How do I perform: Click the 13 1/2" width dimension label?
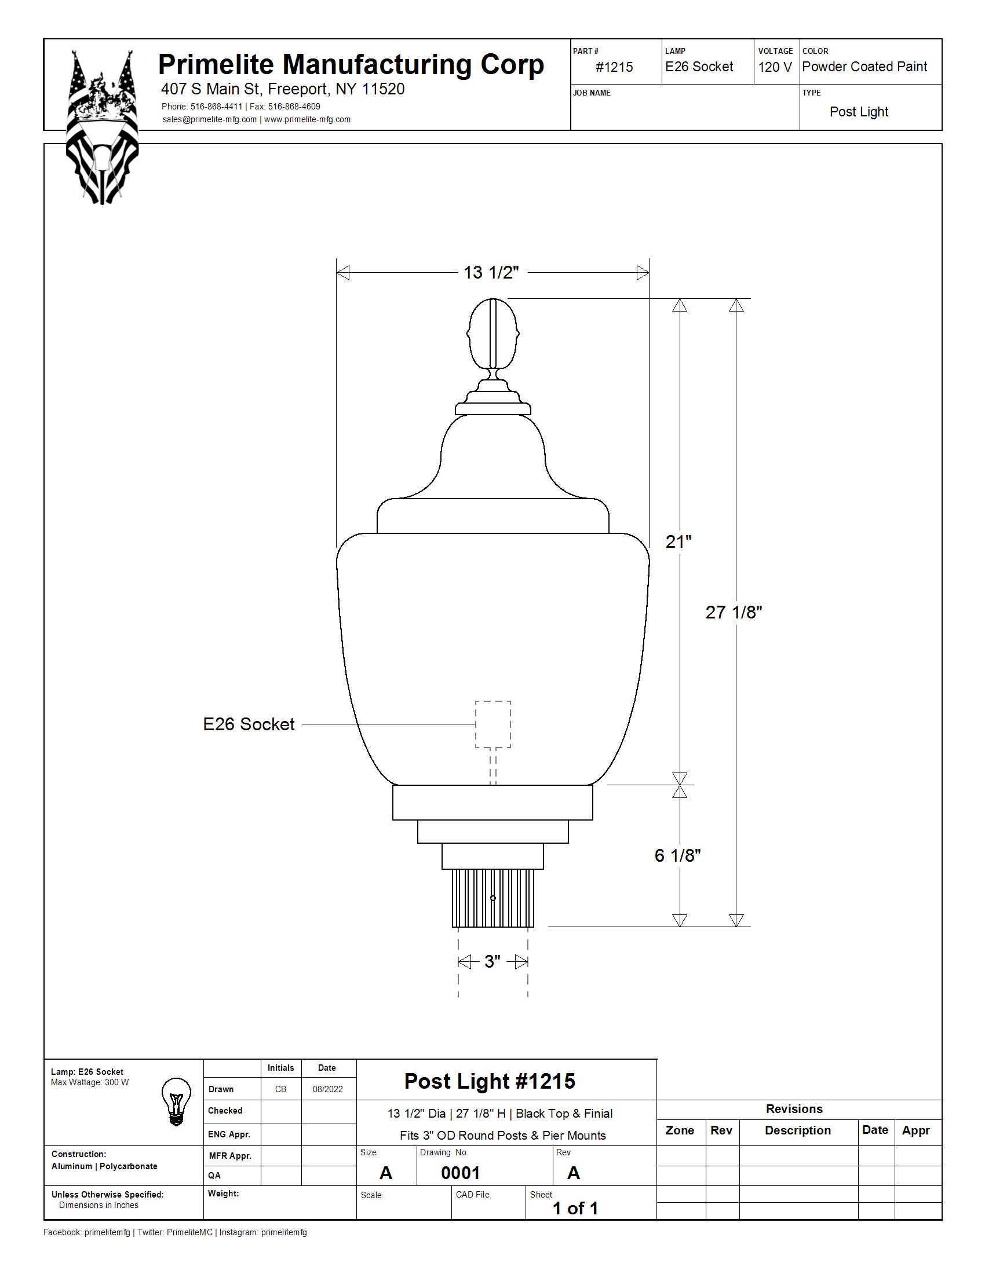coord(491,272)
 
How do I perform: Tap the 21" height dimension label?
coord(678,541)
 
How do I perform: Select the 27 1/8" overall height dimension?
coord(734,612)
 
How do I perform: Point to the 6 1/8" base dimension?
coord(677,855)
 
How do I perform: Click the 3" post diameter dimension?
coord(493,961)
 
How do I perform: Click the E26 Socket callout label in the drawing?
coord(249,724)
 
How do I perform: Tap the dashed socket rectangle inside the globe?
coord(493,724)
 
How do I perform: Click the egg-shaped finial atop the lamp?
coord(493,334)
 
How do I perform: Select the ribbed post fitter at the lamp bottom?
coord(493,898)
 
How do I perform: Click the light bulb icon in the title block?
coord(176,1101)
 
